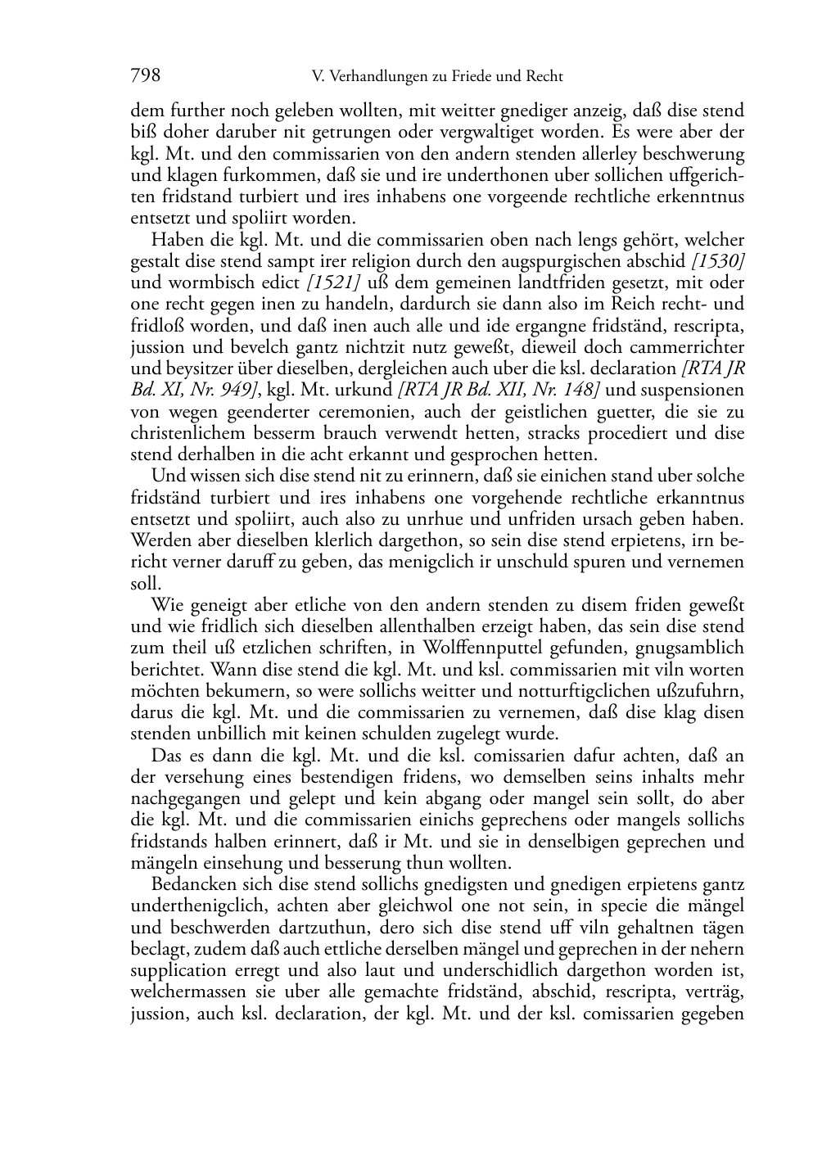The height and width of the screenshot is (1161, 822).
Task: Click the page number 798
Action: [x=145, y=77]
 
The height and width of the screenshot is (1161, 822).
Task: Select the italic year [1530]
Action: [x=718, y=262]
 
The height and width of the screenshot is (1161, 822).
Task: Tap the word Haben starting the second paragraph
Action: [x=173, y=241]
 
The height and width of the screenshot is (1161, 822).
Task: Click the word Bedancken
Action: [x=192, y=885]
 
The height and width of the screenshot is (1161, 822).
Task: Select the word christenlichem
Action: [x=182, y=432]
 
